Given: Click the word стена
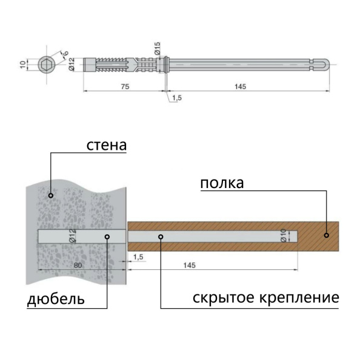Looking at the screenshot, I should [106, 146].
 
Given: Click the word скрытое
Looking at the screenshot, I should [222, 298].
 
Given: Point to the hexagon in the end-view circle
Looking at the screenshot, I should [45, 64].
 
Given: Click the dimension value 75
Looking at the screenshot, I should [124, 87].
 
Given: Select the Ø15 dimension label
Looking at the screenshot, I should [156, 49].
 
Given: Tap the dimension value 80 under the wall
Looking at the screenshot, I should [77, 265].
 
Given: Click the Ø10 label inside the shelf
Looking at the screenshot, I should [283, 236].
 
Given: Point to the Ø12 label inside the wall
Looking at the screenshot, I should [73, 236].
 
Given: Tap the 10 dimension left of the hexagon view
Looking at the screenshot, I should [22, 64].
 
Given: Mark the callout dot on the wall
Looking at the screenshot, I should [51, 195].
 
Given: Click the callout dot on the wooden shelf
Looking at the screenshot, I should [326, 234].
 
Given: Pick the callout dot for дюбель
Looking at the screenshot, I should [107, 237].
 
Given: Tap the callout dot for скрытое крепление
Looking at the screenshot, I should [161, 237].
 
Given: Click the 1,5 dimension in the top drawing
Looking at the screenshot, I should [176, 98].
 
